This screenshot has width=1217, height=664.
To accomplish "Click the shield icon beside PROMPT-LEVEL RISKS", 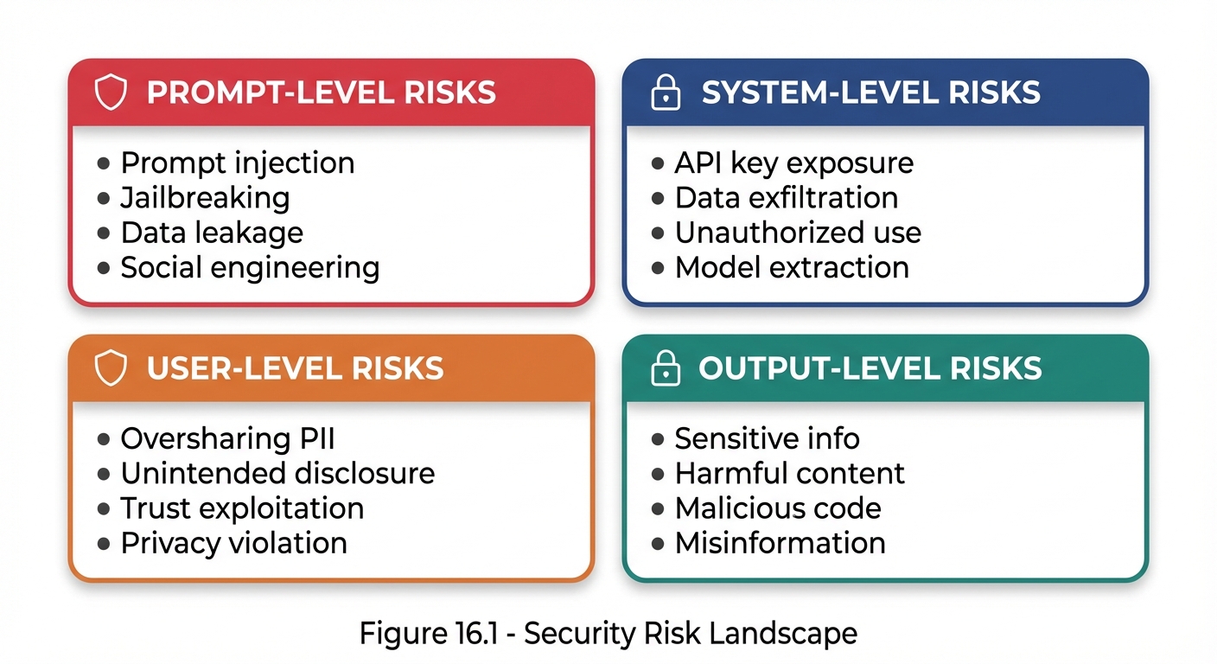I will click(111, 93).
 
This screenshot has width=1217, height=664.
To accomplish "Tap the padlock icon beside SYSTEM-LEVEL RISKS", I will click(665, 93).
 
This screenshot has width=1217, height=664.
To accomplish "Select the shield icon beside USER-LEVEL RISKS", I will click(111, 369).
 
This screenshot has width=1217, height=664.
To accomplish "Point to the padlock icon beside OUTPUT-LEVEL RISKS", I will click(665, 369).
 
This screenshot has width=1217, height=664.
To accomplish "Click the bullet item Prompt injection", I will click(237, 163).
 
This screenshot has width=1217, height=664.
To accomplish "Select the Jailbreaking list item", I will click(205, 198).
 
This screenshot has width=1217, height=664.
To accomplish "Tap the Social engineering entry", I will click(250, 267).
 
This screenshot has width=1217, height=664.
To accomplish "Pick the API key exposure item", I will click(793, 163).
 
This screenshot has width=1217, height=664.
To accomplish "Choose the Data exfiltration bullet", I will click(786, 198).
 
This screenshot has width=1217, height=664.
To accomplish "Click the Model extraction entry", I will click(792, 267).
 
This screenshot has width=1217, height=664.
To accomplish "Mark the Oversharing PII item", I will click(227, 438).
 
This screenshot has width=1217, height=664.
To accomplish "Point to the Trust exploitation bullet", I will click(242, 508).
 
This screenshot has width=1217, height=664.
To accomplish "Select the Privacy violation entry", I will click(233, 543).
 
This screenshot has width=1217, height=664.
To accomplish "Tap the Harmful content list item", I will click(789, 474).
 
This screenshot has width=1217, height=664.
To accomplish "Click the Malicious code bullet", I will click(778, 508).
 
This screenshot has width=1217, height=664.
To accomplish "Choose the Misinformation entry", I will click(780, 543).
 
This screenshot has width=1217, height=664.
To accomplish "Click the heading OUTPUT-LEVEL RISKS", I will click(870, 369).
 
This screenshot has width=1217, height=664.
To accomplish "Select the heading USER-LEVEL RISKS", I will click(295, 369).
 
